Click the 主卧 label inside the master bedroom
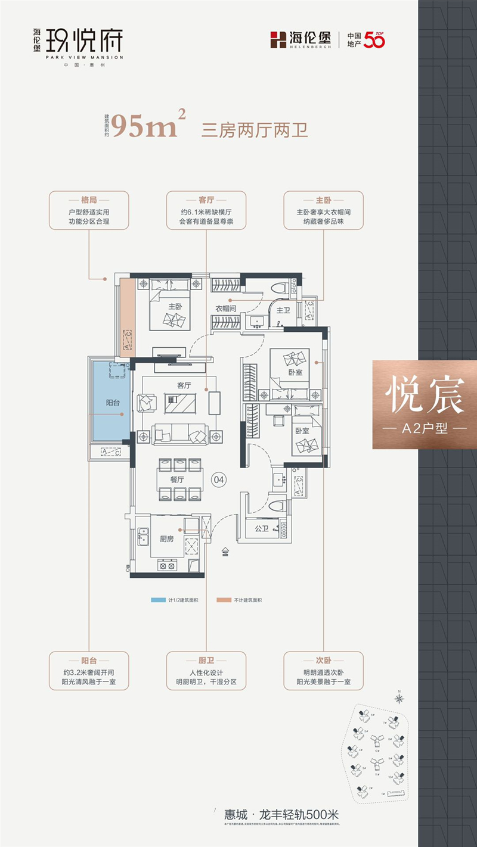[x=175, y=306]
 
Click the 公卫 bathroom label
[x=261, y=527]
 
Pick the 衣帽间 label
[x=227, y=308]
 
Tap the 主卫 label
[x=283, y=310]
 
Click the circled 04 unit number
[x=219, y=478]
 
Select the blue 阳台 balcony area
[x=109, y=403]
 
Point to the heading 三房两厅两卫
[x=255, y=129]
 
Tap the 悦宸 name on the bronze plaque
[x=425, y=396]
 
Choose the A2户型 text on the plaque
[x=425, y=429]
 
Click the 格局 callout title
[x=89, y=201]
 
